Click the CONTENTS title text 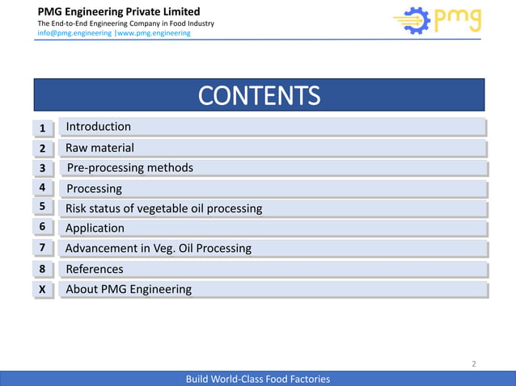coord(259,96)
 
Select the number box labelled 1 coord(43,128)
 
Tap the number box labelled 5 coord(43,208)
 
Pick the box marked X coord(43,289)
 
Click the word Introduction coord(98,127)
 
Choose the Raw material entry coord(99,148)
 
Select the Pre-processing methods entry coord(129,168)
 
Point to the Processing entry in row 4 coord(94,188)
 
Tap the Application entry coord(95,229)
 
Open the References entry coord(95,269)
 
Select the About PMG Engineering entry coord(129,289)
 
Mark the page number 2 coord(474,364)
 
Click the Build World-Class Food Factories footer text coord(258,379)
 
